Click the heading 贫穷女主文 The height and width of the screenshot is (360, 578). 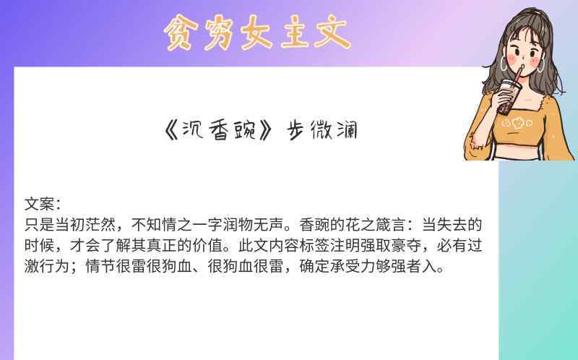tap(257, 32)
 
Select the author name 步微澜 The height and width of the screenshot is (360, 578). tap(322, 130)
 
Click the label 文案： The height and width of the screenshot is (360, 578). tap(43, 204)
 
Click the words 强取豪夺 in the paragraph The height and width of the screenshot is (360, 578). tap(391, 245)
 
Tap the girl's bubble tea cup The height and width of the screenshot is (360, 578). tap(509, 97)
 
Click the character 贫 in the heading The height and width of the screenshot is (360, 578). tap(178, 33)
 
